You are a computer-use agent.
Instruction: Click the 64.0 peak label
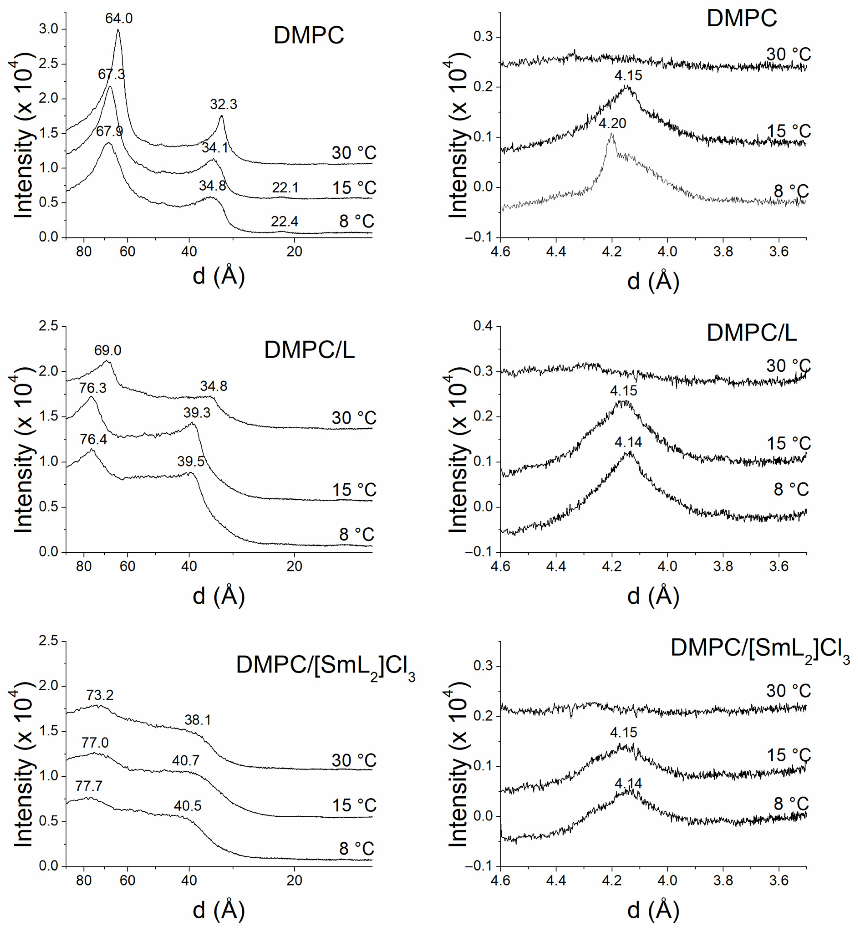pyautogui.click(x=119, y=19)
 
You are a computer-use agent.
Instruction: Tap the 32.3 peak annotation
pyautogui.click(x=223, y=104)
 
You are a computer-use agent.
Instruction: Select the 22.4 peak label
pyautogui.click(x=285, y=221)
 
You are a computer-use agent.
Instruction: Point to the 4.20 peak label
pyautogui.click(x=612, y=124)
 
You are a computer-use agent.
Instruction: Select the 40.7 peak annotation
pyautogui.click(x=186, y=760)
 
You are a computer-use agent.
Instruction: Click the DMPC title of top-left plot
pyautogui.click(x=309, y=35)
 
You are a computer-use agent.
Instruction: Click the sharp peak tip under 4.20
pyautogui.click(x=612, y=134)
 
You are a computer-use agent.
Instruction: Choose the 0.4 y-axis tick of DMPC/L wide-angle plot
pyautogui.click(x=483, y=326)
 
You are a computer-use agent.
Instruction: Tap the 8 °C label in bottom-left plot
pyautogui.click(x=356, y=849)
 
